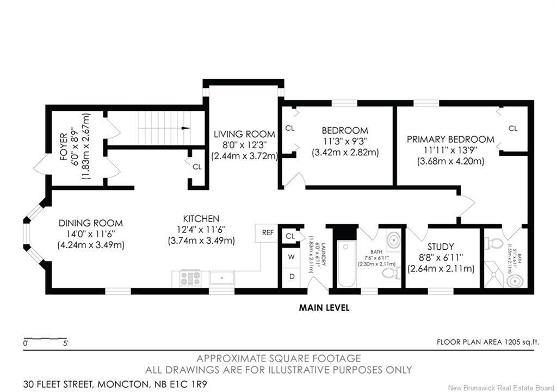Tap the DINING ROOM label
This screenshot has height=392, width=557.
(x=91, y=223)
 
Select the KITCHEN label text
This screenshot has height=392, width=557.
(x=201, y=219)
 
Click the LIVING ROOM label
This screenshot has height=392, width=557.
(x=244, y=134)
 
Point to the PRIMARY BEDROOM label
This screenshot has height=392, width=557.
(x=450, y=140)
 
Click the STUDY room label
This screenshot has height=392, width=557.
(x=441, y=246)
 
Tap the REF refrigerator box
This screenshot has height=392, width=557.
(x=268, y=232)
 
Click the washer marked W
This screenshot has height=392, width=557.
(x=292, y=257)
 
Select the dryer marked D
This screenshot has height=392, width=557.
(x=292, y=277)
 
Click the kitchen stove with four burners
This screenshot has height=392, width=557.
(x=190, y=279)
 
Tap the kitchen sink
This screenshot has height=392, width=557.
(x=222, y=279)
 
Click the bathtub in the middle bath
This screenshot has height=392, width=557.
(x=347, y=267)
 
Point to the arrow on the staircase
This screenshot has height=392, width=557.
(x=185, y=129)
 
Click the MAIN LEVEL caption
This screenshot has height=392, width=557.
(x=324, y=308)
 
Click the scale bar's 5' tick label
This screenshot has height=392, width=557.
(x=65, y=344)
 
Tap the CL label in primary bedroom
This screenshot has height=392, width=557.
(x=512, y=129)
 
